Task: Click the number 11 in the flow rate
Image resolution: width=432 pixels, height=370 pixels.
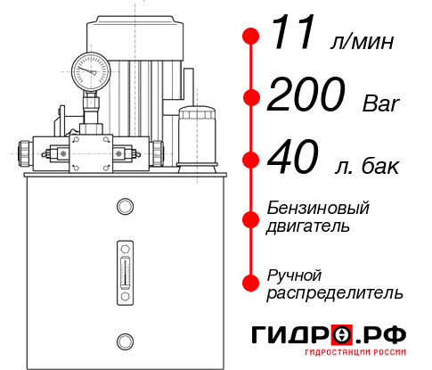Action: click(x=293, y=35)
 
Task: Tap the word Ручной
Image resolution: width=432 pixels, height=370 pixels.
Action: click(x=294, y=274)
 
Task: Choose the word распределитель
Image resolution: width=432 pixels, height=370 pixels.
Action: click(x=336, y=292)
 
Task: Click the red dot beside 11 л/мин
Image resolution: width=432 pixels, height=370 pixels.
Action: click(x=251, y=37)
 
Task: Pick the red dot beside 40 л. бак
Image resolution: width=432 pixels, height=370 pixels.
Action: click(x=251, y=160)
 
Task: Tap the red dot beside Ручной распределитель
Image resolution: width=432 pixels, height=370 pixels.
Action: click(x=251, y=282)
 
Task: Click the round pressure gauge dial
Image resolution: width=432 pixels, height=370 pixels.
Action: click(x=91, y=69)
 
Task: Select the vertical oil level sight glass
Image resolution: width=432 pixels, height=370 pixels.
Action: click(x=124, y=268)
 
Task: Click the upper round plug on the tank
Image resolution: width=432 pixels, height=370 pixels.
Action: click(x=124, y=208)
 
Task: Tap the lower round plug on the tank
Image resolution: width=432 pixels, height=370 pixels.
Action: click(x=124, y=340)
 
